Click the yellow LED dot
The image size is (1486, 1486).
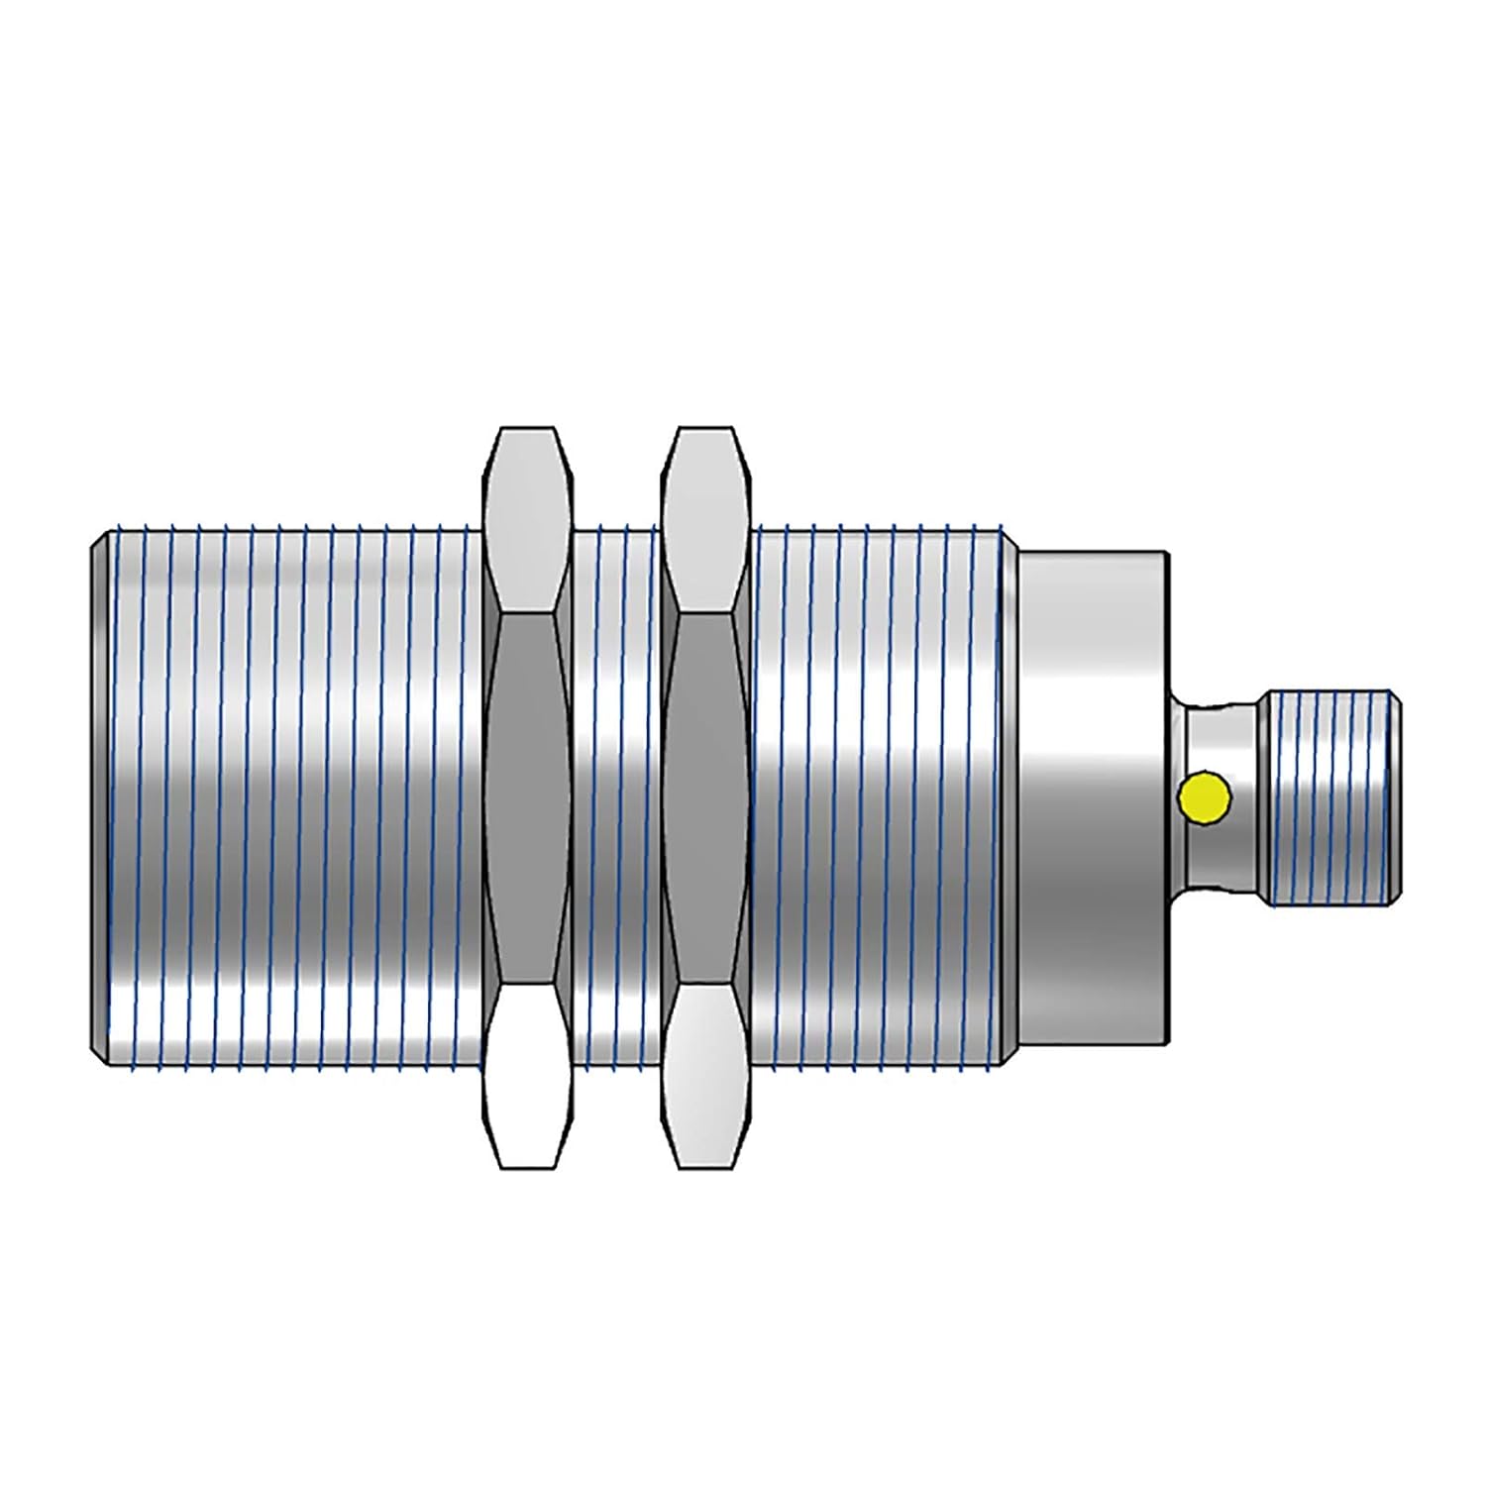(1205, 797)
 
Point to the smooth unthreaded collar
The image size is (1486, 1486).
(1090, 797)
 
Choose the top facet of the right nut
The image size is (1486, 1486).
(705, 520)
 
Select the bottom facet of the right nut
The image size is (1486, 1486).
(705, 1075)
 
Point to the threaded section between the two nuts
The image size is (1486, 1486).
(616, 797)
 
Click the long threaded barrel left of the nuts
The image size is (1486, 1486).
(287, 797)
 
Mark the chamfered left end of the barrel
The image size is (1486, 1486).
(100, 797)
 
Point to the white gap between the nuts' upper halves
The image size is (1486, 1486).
(617, 476)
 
